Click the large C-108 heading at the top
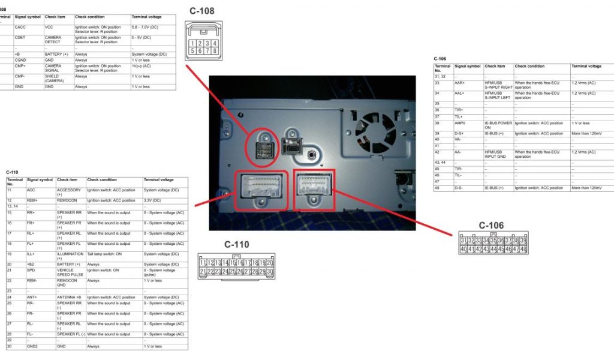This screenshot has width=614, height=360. (x=201, y=10)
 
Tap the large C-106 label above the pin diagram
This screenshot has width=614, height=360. (x=491, y=226)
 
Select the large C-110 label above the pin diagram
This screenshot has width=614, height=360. (x=237, y=244)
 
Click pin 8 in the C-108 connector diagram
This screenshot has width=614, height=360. (x=213, y=51)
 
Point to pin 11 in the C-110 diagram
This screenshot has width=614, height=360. (x=203, y=263)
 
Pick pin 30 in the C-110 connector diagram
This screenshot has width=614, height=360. (x=270, y=272)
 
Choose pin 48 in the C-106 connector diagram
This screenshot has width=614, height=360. (x=523, y=249)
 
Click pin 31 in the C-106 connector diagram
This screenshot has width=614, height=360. (x=463, y=240)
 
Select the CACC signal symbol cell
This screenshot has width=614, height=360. (x=20, y=27)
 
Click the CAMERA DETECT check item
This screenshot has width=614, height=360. (x=53, y=40)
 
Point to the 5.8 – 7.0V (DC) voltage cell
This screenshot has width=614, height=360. (x=145, y=27)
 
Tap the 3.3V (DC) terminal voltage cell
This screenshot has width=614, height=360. (x=152, y=200)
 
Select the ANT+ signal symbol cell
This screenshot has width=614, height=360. (x=32, y=297)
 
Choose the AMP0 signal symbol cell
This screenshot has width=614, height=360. (x=459, y=123)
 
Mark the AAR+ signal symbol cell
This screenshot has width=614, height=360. (x=460, y=83)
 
